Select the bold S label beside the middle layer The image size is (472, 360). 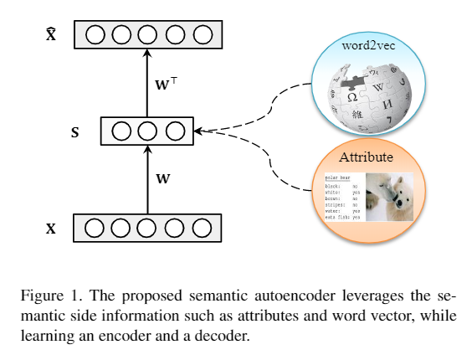pyautogui.click(x=75, y=132)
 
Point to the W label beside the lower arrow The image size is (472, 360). pyautogui.click(x=164, y=178)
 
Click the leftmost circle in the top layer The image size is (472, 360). pyautogui.click(x=94, y=35)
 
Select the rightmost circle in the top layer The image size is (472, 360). pyautogui.click(x=202, y=35)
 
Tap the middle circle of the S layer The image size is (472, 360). pyautogui.click(x=147, y=131)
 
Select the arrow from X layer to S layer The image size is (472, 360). pyautogui.click(x=147, y=178)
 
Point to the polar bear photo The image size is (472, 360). pyautogui.click(x=389, y=197)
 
